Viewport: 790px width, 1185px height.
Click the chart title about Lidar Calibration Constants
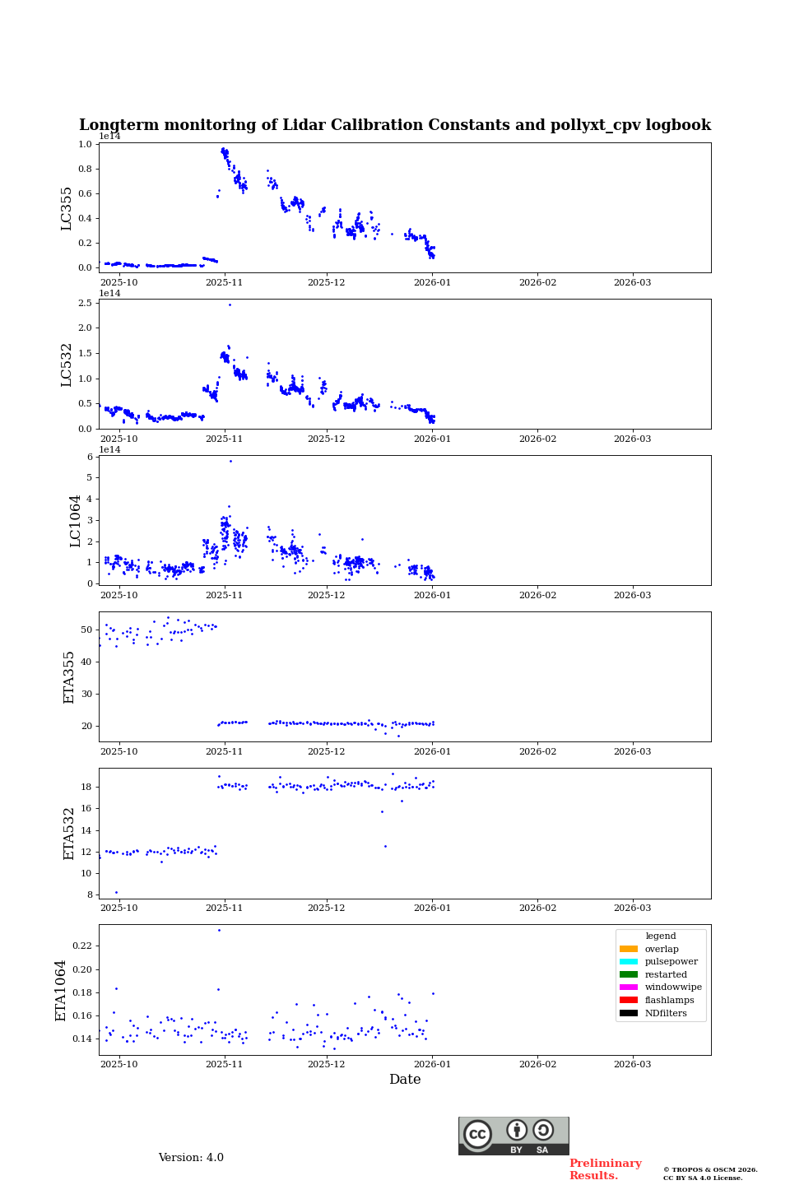tap(394, 125)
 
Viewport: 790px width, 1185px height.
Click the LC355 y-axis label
tap(67, 208)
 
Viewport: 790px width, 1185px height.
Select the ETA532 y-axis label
tap(69, 833)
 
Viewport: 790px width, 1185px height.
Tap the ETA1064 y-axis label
tap(61, 990)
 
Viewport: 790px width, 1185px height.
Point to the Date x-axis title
tap(405, 1080)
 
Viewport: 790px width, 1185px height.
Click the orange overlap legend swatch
tap(629, 949)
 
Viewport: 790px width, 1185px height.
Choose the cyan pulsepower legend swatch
tap(629, 962)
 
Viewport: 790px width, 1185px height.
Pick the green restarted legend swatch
tap(629, 974)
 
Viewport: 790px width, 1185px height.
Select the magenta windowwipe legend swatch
tap(629, 987)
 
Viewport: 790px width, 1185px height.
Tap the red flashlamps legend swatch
tap(629, 1001)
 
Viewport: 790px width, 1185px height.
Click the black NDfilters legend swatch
tap(629, 1013)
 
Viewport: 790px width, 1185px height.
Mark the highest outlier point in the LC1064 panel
tap(230, 461)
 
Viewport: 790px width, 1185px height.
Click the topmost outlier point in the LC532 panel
tap(230, 304)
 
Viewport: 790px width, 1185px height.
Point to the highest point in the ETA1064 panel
tap(219, 930)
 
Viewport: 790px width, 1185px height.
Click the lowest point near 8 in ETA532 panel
tap(116, 892)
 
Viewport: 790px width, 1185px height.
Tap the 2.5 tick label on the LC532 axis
tap(85, 304)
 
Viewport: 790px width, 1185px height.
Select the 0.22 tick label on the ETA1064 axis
tap(81, 946)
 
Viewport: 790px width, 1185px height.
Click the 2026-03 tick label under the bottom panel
tap(632, 1065)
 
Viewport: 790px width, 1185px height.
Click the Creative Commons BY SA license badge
tap(513, 1136)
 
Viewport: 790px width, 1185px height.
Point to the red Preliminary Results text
tap(605, 1169)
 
